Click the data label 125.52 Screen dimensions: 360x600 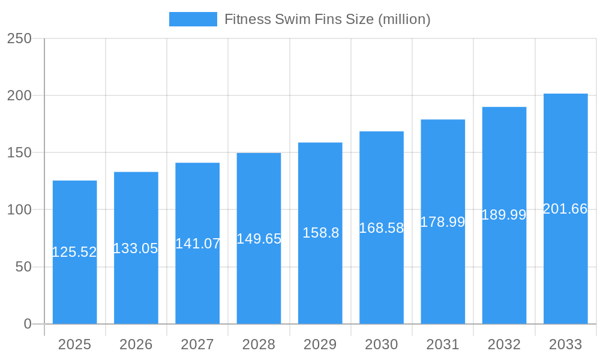coord(74,252)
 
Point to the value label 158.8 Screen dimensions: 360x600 coord(320,233)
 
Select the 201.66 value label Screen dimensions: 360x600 coord(565,209)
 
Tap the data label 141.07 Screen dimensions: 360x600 coord(197,244)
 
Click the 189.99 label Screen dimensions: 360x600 coord(504,215)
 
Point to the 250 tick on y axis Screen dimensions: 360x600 coord(19,38)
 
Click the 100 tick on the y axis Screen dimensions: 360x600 coord(19,210)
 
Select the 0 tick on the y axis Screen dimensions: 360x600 coord(28,324)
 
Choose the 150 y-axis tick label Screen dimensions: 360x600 coord(19,153)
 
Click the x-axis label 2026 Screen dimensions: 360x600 coord(136,344)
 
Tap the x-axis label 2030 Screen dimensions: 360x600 coord(382,344)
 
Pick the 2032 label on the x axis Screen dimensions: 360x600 coord(504,344)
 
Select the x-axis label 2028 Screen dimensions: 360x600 coord(259,344)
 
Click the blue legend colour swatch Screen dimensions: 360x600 coord(193,19)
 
